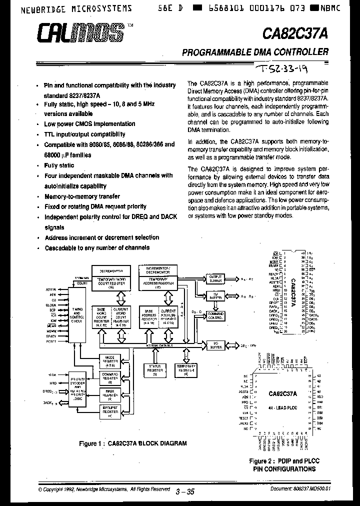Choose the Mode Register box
coord(109,360)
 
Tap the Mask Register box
coord(109,393)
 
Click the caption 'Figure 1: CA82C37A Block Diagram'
coord(133,443)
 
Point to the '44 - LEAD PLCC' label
coord(283,407)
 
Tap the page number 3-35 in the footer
coord(185,491)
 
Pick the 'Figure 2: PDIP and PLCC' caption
coord(283,460)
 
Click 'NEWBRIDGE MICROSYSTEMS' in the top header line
coord(70,8)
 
